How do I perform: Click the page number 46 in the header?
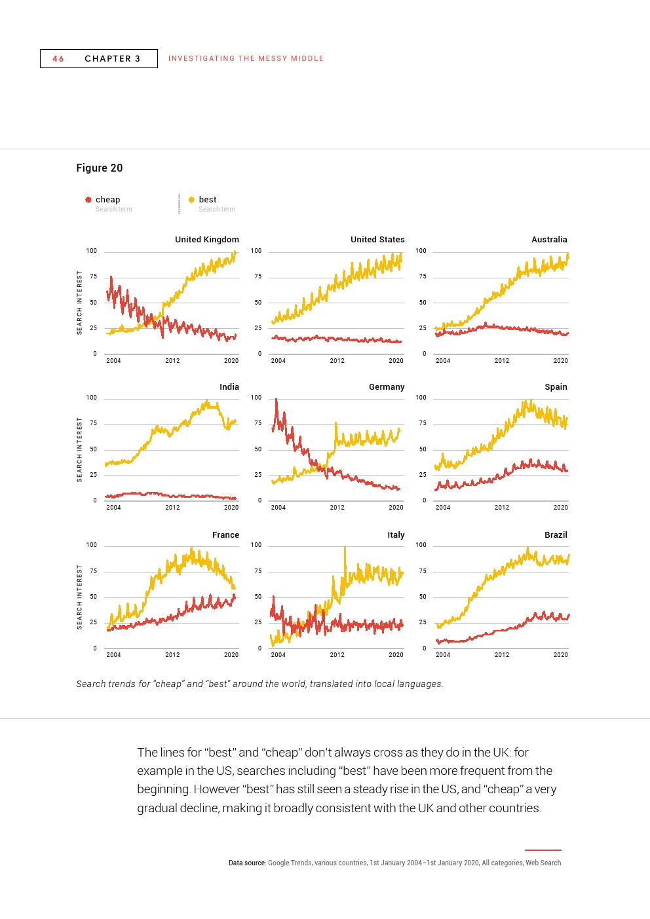[58, 59]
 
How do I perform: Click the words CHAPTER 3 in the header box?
[112, 59]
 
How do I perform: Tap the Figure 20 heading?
[100, 168]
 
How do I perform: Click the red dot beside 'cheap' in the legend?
[88, 200]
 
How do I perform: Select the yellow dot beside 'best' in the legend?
[191, 200]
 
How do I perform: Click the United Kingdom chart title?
[206, 240]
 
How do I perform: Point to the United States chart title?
[377, 240]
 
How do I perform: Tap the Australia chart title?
[549, 240]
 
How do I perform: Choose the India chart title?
[229, 387]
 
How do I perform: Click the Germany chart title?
[387, 387]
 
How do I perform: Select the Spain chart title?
[556, 387]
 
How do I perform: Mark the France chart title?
[225, 535]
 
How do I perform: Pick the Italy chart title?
[396, 535]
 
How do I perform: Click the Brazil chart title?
[556, 535]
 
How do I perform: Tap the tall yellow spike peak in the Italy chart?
[345, 548]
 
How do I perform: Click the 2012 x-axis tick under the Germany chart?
[337, 508]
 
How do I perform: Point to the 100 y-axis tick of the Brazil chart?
[421, 545]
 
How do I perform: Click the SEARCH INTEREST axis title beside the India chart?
[80, 450]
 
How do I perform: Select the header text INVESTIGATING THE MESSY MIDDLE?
[246, 59]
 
